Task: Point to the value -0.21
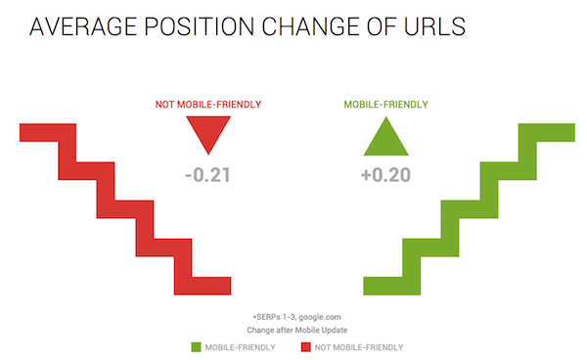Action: [x=205, y=176]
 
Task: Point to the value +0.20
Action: [x=384, y=176]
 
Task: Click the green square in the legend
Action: [x=197, y=346]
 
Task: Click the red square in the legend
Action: [x=305, y=346]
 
